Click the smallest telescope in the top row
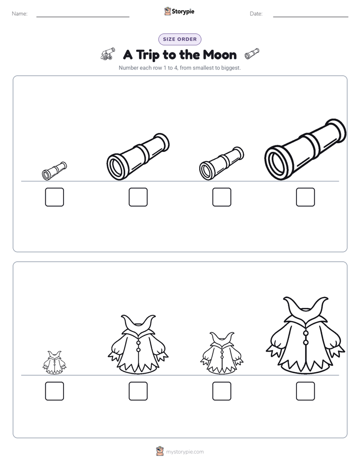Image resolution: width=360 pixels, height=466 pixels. click(x=54, y=171)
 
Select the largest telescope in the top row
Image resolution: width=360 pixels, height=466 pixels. click(x=306, y=149)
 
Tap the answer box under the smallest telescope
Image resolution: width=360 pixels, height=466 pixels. click(x=54, y=197)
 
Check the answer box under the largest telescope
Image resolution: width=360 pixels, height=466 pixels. click(x=306, y=197)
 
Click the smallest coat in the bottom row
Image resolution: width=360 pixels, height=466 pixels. click(x=54, y=363)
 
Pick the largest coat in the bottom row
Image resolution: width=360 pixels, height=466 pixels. click(x=306, y=336)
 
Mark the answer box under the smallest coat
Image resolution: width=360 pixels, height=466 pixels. click(x=54, y=391)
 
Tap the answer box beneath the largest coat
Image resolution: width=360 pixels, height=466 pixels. click(x=306, y=391)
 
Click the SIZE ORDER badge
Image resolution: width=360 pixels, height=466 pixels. click(x=179, y=39)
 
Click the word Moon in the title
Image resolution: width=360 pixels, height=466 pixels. click(x=220, y=55)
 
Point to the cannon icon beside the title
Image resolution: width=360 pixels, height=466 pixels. click(x=107, y=53)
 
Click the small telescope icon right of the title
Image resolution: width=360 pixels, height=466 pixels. click(x=252, y=53)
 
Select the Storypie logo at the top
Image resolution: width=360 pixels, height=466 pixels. click(x=179, y=11)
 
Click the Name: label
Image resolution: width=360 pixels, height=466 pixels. click(x=20, y=14)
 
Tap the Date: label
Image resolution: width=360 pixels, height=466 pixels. click(x=256, y=14)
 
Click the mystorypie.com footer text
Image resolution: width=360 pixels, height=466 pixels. click(x=185, y=452)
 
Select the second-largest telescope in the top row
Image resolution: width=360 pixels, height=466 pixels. click(x=138, y=157)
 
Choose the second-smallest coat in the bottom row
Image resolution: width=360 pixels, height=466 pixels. click(x=222, y=353)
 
